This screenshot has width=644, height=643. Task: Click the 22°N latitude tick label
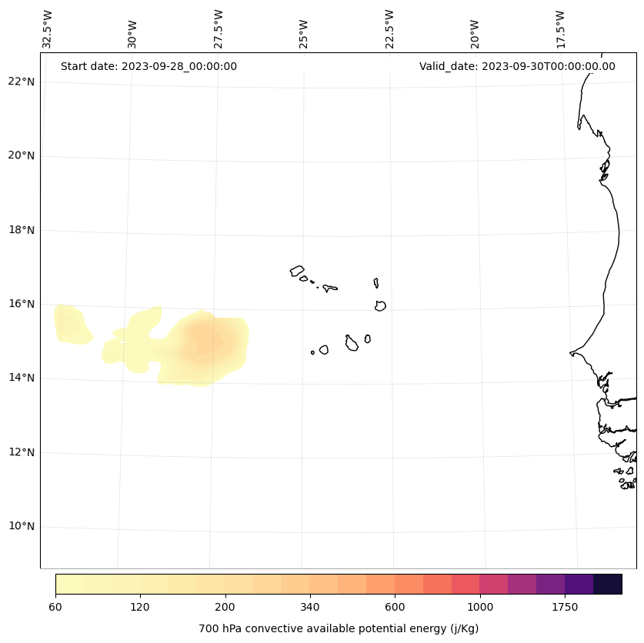click(x=21, y=82)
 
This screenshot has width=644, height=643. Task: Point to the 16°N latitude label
click(x=21, y=304)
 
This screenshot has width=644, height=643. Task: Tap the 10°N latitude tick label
click(x=21, y=526)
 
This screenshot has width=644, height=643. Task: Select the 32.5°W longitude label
click(x=48, y=29)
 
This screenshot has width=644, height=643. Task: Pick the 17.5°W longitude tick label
click(x=560, y=29)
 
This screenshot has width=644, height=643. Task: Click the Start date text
click(x=148, y=66)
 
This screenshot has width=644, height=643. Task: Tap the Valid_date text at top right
click(x=517, y=66)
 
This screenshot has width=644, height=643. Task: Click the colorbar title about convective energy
click(x=339, y=628)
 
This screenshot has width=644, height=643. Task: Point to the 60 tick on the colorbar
click(x=55, y=607)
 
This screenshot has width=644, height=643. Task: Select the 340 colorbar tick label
click(x=310, y=607)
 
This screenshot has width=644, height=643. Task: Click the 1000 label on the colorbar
click(x=479, y=607)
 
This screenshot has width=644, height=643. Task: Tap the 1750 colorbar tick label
click(x=565, y=607)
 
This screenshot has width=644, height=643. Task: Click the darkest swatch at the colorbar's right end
click(x=608, y=584)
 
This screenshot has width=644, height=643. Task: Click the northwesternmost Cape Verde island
click(x=297, y=271)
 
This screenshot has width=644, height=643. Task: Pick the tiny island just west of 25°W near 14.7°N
click(x=312, y=352)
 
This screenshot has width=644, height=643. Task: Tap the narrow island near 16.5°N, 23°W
click(x=375, y=283)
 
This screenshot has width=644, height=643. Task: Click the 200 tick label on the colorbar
click(x=225, y=607)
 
